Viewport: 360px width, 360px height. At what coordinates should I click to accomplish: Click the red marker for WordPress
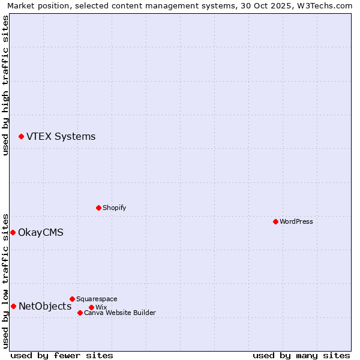coord(275,221)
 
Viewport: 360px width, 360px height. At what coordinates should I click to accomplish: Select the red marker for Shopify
coord(98,208)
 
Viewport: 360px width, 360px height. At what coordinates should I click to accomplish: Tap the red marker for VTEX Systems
coord(21,137)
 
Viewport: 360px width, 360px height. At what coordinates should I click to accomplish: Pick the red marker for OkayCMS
coord(13,232)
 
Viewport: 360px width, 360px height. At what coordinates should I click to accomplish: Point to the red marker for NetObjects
coord(13,307)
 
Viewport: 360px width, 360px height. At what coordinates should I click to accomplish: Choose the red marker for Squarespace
coord(72,299)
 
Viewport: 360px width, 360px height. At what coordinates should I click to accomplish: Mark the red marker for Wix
coord(91,307)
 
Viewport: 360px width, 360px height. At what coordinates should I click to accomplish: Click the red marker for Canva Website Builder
coord(80,313)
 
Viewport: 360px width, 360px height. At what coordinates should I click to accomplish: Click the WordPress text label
coord(296,221)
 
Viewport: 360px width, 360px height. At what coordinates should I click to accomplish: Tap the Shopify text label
coord(114,208)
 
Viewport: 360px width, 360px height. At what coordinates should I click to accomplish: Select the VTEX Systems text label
coord(61,136)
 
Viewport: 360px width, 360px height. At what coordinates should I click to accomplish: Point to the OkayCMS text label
coord(41,232)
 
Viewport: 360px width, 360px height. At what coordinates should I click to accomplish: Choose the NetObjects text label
coord(45,307)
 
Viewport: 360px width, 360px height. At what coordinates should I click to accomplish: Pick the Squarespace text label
coord(97,299)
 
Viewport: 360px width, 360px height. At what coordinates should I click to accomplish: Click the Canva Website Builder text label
coord(120,313)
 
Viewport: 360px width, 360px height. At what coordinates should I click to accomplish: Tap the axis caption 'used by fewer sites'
coord(62,355)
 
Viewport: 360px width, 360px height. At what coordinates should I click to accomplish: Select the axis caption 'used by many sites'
coord(301,355)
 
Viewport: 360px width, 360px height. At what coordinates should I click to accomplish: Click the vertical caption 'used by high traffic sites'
coord(5,85)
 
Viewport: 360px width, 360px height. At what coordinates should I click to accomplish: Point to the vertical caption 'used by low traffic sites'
coord(5,280)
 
